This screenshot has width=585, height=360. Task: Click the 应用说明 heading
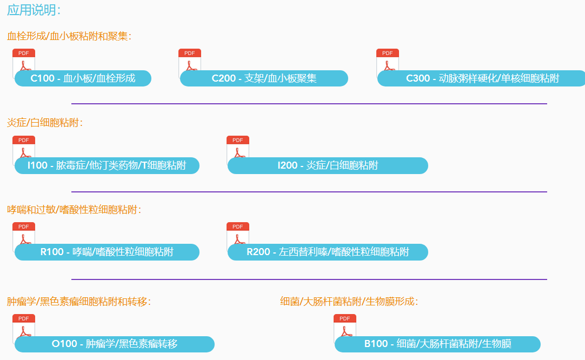click(34, 10)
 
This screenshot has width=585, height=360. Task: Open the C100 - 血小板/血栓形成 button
click(83, 78)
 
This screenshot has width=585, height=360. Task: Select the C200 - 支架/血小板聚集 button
click(264, 78)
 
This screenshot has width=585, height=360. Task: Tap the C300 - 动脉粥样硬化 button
click(482, 78)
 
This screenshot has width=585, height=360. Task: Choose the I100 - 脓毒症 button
click(107, 165)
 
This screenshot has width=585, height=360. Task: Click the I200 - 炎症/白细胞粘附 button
click(328, 165)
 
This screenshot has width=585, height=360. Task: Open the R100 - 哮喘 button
click(107, 252)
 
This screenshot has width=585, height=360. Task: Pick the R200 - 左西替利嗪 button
click(328, 252)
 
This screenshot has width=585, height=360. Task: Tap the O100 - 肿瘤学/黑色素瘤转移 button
click(114, 344)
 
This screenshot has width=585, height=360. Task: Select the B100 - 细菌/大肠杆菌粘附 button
click(437, 344)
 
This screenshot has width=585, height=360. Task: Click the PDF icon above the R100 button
click(24, 233)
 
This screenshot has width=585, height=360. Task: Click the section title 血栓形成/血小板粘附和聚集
click(69, 36)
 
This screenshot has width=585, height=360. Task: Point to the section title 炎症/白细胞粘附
click(45, 123)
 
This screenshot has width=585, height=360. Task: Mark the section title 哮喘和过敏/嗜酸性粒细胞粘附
click(74, 209)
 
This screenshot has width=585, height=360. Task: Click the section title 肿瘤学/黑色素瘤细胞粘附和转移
click(79, 301)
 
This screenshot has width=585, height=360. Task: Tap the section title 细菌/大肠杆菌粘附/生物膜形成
click(349, 301)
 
